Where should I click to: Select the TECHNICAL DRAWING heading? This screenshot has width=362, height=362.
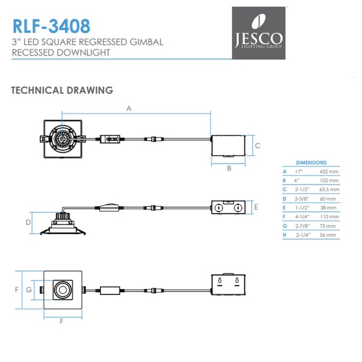(x=62, y=91)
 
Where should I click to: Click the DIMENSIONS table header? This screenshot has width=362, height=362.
(x=311, y=163)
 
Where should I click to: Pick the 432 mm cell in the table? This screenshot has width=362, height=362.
(x=330, y=172)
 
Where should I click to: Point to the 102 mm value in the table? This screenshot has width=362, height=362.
(x=330, y=180)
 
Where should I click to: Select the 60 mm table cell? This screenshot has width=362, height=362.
(x=330, y=197)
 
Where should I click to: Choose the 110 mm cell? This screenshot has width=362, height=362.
(x=330, y=215)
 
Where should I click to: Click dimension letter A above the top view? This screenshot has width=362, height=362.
(x=129, y=109)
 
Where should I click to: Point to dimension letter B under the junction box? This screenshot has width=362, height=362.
(x=229, y=168)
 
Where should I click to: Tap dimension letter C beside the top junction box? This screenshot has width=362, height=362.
(x=257, y=145)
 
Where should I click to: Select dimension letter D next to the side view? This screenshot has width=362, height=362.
(x=28, y=223)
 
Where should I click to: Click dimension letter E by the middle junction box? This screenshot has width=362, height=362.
(x=256, y=208)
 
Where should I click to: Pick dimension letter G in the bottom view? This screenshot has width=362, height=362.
(x=29, y=290)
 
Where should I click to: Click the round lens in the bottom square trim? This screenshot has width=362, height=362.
(x=62, y=291)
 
